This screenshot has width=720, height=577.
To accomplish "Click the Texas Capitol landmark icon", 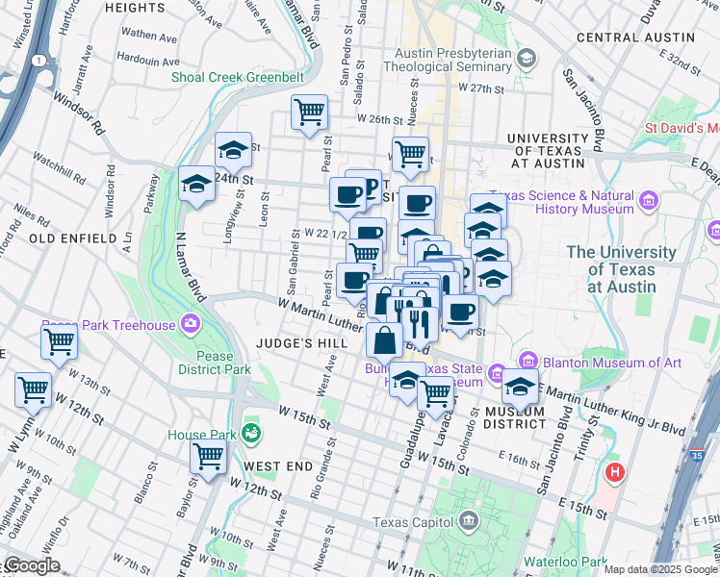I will tap(469, 522).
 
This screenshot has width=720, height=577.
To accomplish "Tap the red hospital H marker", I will tap(614, 473).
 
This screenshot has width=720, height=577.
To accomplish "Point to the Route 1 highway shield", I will tap(38, 60).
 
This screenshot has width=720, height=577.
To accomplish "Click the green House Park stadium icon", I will tap(251, 434).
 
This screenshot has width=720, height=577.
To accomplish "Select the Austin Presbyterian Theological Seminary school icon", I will tap(526, 59).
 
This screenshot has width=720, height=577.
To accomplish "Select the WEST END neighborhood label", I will tap(278, 465).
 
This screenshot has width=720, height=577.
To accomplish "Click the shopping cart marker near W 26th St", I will tap(310, 113).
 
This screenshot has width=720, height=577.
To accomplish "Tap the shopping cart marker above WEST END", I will tap(208, 457).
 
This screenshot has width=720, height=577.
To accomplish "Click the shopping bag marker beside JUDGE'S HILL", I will tap(384, 339).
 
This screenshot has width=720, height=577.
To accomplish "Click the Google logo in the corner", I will tap(32, 566).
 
